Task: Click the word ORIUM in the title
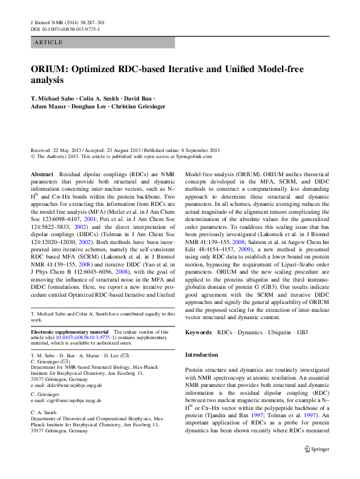point(50,69)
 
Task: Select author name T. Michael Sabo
point(54,97)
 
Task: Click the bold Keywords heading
point(198,332)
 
